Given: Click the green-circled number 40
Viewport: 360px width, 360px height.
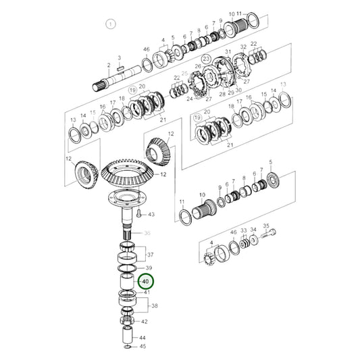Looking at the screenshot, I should coord(145,280).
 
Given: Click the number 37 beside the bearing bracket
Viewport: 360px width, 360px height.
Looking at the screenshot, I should coord(150,255).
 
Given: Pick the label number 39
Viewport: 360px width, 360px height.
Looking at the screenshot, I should coord(150,268).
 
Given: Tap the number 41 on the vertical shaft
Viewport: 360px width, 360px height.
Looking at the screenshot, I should coord(147,292).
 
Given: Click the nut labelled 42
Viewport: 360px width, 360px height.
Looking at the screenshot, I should coord(129,322).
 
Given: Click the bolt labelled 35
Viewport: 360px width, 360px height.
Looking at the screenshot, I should coord(271,236).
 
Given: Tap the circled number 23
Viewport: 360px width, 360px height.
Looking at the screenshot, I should coord(207,59).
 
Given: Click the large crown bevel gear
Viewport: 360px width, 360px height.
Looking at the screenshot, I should coord(128,177).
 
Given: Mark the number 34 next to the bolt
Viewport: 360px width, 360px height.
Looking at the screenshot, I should coord(253,230).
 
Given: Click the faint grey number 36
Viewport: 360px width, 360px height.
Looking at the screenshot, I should coord(149,234).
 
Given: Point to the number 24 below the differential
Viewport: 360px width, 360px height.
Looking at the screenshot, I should coord(190,99).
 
